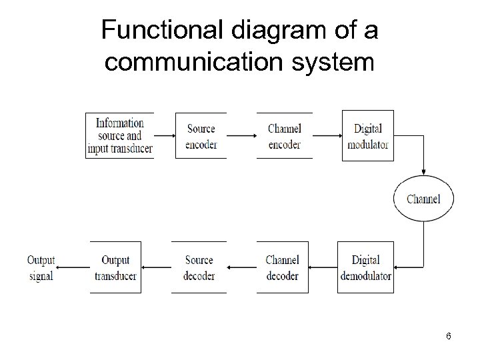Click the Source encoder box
coord(201,135)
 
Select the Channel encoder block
coord(284,135)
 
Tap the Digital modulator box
coord(368,135)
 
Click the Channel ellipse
coord(423,199)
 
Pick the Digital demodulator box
coord(365,267)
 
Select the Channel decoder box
coord(283,267)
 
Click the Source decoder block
coord(199,267)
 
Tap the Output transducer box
coord(116,267)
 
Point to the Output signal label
coord(41,267)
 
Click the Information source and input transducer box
coord(120,135)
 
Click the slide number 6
coord(449,336)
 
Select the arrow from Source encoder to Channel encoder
coord(241,135)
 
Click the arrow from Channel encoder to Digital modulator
coord(327,135)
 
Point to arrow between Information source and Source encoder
coord(164,135)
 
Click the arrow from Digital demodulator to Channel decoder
coord(323,267)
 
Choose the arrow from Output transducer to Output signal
coord(73,267)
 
